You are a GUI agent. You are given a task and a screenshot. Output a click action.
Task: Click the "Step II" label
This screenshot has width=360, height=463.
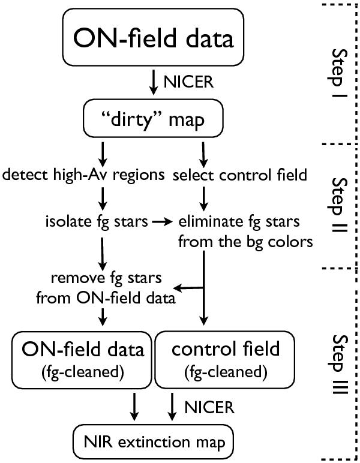pos(341,205)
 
